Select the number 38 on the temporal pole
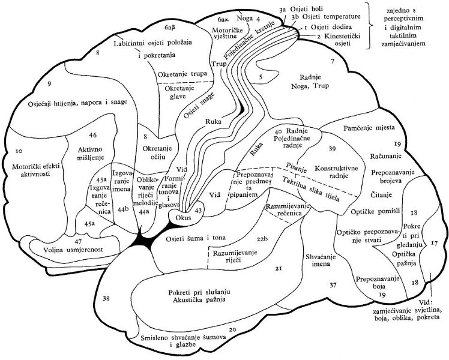click(107, 298)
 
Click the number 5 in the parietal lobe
click(261, 77)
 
